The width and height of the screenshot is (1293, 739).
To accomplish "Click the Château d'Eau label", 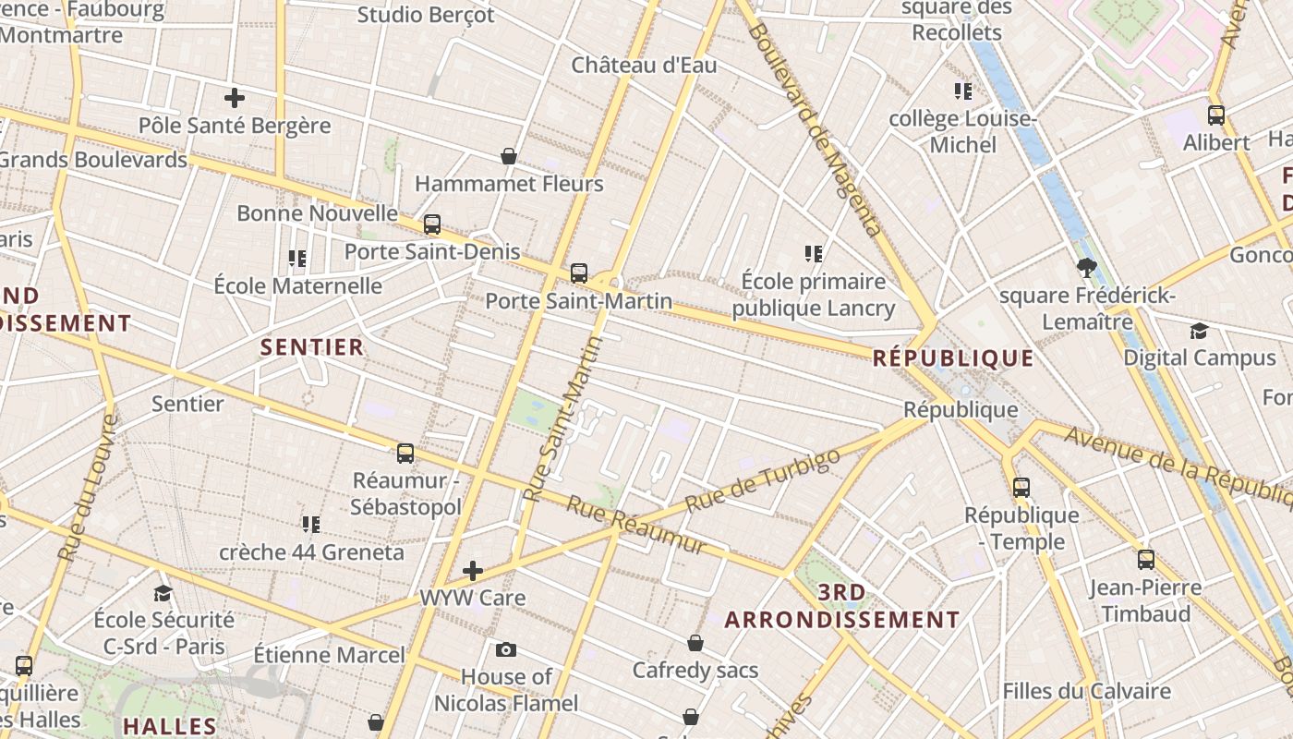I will (x=644, y=66).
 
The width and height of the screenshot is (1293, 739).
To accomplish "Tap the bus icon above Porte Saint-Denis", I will (x=431, y=224).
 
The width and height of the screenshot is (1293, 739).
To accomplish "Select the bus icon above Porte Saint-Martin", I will (x=579, y=273).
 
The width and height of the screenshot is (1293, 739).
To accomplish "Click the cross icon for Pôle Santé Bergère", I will (x=235, y=97).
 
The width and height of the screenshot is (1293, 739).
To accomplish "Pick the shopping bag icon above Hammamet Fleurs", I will (x=508, y=156).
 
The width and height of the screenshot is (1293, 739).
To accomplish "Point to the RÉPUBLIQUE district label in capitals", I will (x=953, y=358).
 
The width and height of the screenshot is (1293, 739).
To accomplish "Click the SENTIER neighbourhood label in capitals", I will (x=312, y=347).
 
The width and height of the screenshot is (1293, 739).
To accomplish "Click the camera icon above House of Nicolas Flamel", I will (x=505, y=649).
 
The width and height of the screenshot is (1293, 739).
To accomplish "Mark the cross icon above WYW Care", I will (x=473, y=570).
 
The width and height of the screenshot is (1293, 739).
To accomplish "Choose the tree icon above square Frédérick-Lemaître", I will (x=1087, y=268).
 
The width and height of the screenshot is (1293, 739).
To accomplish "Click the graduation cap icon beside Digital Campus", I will (x=1199, y=331).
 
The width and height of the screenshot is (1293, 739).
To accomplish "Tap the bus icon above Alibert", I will (x=1216, y=115).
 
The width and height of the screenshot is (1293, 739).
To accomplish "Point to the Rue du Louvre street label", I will (x=89, y=488).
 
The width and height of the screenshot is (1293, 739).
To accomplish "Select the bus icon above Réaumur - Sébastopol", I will (x=405, y=453).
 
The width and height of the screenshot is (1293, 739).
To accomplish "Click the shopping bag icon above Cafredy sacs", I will (x=695, y=643).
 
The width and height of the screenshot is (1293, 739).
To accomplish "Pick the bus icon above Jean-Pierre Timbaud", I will (x=1146, y=559).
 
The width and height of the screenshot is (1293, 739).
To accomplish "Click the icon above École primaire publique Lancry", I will (x=814, y=253).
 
